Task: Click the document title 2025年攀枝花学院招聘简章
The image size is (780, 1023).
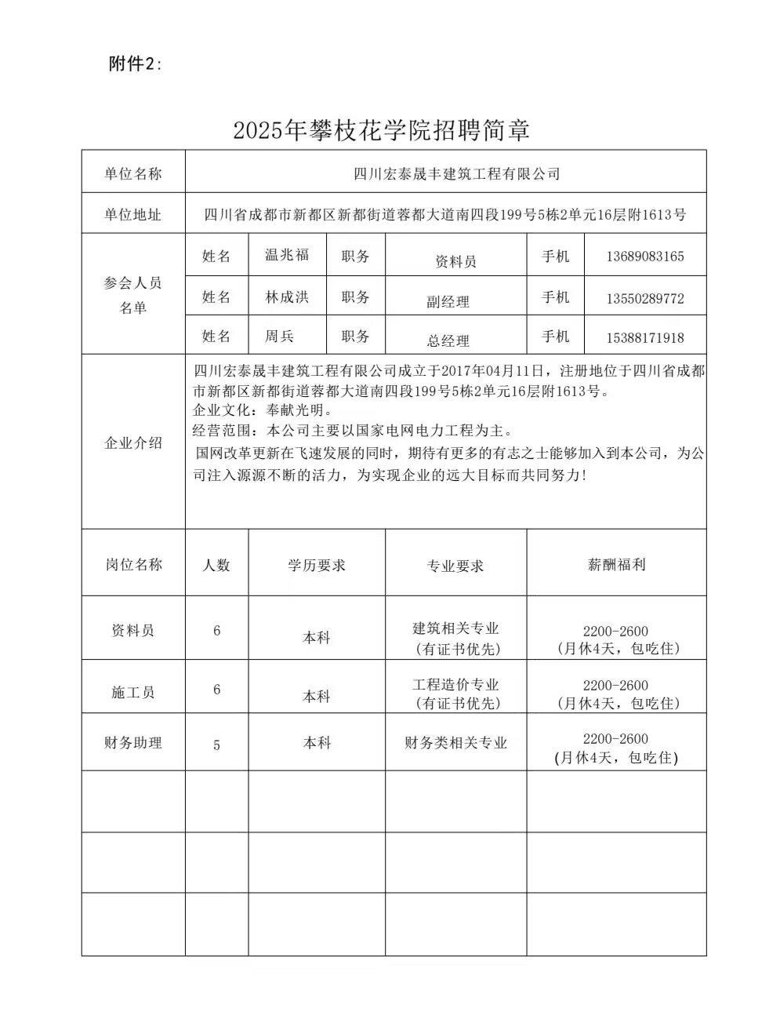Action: click(381, 130)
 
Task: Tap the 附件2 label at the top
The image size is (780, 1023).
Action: click(135, 64)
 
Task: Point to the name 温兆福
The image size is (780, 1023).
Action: click(287, 255)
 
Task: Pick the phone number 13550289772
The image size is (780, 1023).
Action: click(644, 299)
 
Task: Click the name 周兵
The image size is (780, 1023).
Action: click(279, 337)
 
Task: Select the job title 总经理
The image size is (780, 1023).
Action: click(448, 340)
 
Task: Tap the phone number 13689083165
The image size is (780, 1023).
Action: click(644, 257)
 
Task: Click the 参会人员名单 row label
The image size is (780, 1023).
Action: click(132, 295)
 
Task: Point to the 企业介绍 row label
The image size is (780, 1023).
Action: click(133, 442)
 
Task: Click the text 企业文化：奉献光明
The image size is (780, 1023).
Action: click(263, 410)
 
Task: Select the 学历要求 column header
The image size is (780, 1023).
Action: click(316, 566)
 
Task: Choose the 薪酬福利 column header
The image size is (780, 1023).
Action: click(616, 565)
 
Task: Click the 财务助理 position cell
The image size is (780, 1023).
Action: click(133, 742)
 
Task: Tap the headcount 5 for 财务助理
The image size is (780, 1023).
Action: click(217, 744)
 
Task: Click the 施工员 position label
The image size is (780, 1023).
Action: click(133, 693)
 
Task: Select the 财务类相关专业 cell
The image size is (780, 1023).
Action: click(455, 743)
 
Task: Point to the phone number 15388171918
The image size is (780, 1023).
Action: click(644, 338)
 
